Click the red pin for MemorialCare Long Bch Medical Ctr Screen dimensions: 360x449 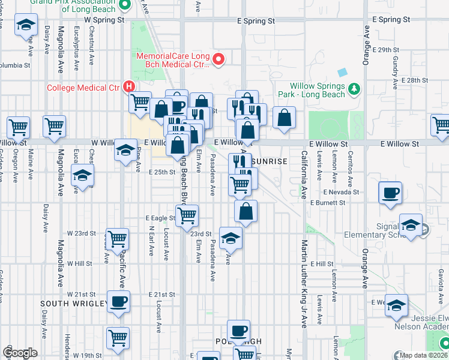click(218, 59)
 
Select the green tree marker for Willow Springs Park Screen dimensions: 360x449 click(354, 89)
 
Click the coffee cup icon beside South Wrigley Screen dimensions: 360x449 click(118, 301)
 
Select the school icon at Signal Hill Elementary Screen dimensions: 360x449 click(411, 226)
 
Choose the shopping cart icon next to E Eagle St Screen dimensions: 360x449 click(187, 214)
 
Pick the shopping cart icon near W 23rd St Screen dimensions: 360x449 click(118, 239)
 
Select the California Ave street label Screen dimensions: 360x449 click(304, 175)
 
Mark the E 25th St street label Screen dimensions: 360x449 click(161, 172)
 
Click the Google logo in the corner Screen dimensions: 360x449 click(20, 353)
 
